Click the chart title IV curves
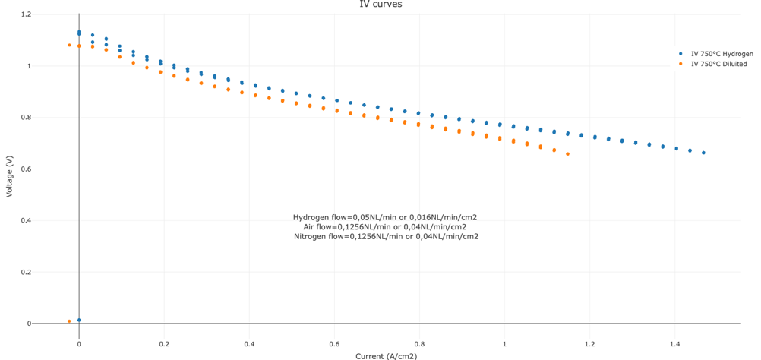click(380, 5)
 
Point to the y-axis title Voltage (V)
click(9, 176)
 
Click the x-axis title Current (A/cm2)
click(386, 355)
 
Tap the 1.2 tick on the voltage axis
click(26, 14)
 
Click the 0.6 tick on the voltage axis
click(26, 169)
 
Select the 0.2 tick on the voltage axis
click(26, 272)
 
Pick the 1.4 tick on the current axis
click(674, 344)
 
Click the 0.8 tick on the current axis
click(419, 344)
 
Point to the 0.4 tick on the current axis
click(249, 344)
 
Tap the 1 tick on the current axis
click(504, 344)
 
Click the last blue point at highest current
click(703, 153)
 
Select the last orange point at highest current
click(567, 154)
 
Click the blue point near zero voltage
click(79, 321)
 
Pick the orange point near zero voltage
click(69, 321)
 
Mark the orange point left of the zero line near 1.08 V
click(69, 45)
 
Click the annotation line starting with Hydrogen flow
click(385, 217)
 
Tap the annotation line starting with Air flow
click(385, 226)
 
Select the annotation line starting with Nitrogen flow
click(386, 236)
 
